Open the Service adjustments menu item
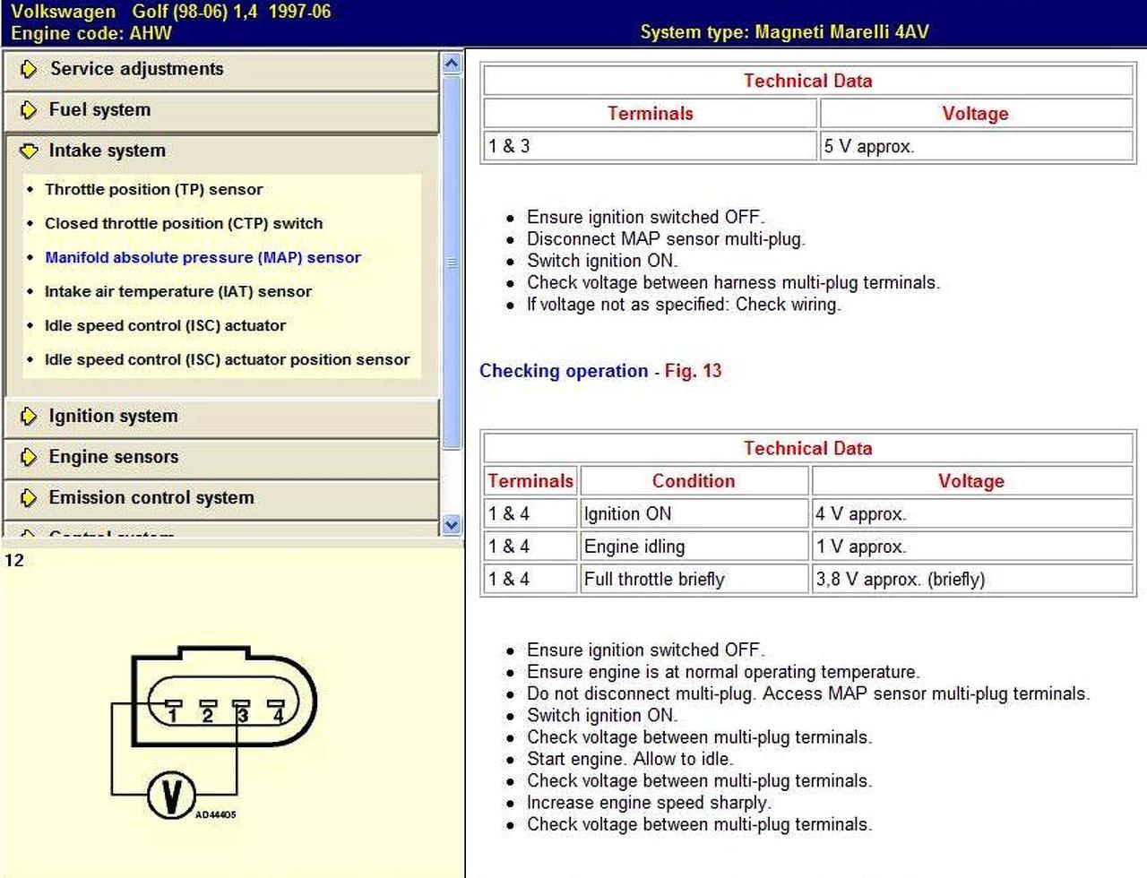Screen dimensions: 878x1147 pyautogui.click(x=136, y=69)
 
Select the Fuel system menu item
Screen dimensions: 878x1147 pyautogui.click(x=99, y=110)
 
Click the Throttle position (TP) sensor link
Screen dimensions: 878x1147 pyautogui.click(x=153, y=190)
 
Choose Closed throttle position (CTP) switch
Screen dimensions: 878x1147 pyautogui.click(x=184, y=224)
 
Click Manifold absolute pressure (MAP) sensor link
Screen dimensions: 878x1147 pyautogui.click(x=203, y=258)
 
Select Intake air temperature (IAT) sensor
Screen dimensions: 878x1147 pyautogui.click(x=178, y=292)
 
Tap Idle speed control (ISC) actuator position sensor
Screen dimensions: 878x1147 pyautogui.click(x=227, y=360)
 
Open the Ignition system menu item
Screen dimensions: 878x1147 pyautogui.click(x=113, y=417)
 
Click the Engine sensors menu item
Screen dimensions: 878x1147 pyautogui.click(x=113, y=457)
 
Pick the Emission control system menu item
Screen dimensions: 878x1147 pyautogui.click(x=151, y=498)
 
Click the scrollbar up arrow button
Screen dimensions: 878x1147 pyautogui.click(x=452, y=64)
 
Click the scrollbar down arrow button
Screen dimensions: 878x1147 pyautogui.click(x=452, y=525)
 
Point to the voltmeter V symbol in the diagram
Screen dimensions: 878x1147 pyautogui.click(x=171, y=795)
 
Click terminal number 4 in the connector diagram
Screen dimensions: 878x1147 pyautogui.click(x=278, y=714)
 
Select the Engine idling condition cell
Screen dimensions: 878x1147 pyautogui.click(x=634, y=547)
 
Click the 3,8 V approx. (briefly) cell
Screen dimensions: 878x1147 pyautogui.click(x=900, y=580)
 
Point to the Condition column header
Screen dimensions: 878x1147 pyautogui.click(x=693, y=481)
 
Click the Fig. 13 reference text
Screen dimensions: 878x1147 pyautogui.click(x=693, y=371)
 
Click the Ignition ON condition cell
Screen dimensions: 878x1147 pyautogui.click(x=627, y=514)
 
